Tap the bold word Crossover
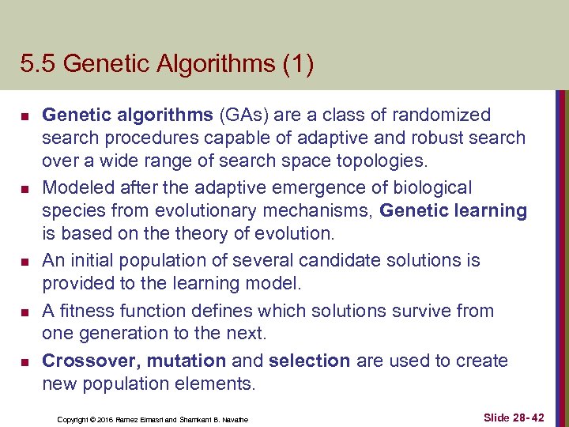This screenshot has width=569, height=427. coord(90,361)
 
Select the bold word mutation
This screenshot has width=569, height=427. coord(187,361)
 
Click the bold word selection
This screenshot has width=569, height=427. coord(309,361)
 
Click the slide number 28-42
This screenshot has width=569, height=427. coord(526,417)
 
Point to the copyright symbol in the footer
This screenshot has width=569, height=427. coord(92,418)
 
